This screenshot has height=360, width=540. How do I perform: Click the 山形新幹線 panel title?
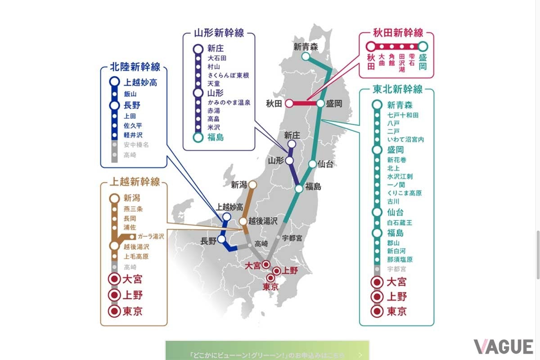pos(219,33)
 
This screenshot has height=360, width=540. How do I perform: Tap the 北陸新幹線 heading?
pos(135,67)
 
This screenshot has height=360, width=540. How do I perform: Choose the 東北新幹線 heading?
pos(397,89)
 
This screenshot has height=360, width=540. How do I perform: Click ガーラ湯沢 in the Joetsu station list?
pos(151,236)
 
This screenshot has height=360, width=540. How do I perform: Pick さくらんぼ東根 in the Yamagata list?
pos(228,75)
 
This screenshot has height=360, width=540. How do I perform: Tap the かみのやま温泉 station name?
pos(228,103)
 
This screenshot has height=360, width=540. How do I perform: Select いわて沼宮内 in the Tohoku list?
pos(405,139)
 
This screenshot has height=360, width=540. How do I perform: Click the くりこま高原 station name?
pos(404,193)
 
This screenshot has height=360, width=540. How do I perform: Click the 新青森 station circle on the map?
pos(306,56)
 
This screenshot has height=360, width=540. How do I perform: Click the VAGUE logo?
pos(503,346)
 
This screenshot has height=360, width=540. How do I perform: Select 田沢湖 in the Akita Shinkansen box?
pos(402,63)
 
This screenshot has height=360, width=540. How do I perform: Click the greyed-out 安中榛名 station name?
pos(136,145)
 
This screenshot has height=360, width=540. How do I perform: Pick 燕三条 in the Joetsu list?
pos(133,209)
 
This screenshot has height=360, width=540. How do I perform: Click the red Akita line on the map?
pos(303,103)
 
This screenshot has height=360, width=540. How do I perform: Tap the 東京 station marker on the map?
pos(270,278)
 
